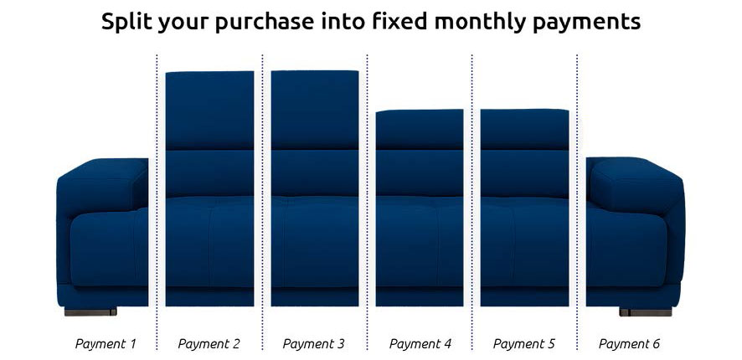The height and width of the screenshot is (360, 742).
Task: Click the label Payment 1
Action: click(x=105, y=343)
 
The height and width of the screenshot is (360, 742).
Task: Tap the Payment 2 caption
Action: click(x=209, y=343)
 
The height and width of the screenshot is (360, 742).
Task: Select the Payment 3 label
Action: click(x=313, y=343)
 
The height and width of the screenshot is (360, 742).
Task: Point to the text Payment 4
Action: click(x=420, y=343)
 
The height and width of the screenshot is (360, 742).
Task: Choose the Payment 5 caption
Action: click(x=524, y=343)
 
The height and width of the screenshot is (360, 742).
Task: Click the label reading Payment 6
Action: click(x=630, y=343)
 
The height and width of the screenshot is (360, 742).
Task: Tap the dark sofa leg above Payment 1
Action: click(x=90, y=311)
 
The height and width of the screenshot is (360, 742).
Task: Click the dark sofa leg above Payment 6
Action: click(x=645, y=311)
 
